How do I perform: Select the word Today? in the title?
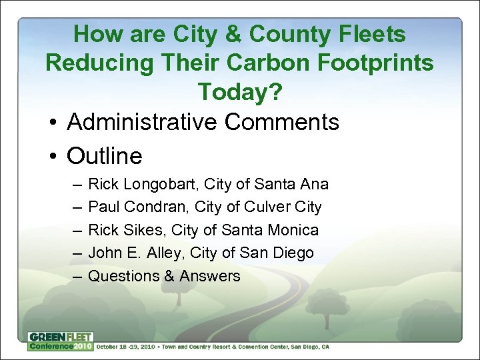[240, 92]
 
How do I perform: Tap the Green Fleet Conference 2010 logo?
[60, 341]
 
